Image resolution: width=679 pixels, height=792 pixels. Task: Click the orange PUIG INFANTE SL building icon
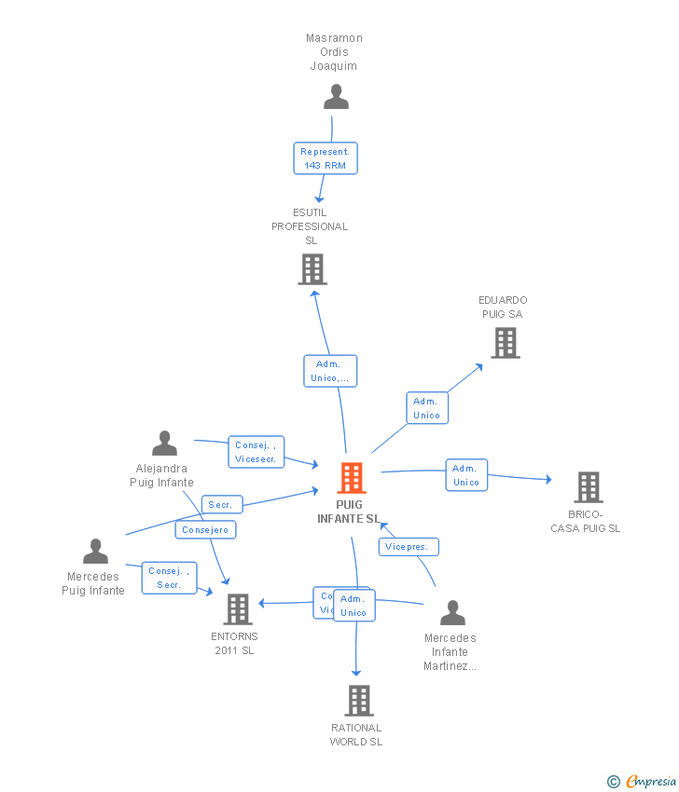pyautogui.click(x=352, y=478)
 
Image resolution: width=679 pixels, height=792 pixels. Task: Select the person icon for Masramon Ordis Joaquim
pyautogui.click(x=336, y=97)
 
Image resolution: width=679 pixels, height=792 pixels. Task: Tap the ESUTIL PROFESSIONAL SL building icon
pyautogui.click(x=312, y=269)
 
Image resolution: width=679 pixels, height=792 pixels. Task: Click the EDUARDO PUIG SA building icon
pyautogui.click(x=506, y=343)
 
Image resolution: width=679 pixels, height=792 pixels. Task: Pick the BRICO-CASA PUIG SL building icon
pyautogui.click(x=588, y=486)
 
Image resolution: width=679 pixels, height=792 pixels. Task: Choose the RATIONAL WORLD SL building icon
pyautogui.click(x=359, y=700)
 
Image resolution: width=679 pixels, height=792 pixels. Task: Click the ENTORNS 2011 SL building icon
pyautogui.click(x=238, y=609)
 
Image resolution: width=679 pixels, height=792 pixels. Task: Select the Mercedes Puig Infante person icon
pyautogui.click(x=95, y=552)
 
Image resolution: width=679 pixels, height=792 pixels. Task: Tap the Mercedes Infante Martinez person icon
pyautogui.click(x=452, y=613)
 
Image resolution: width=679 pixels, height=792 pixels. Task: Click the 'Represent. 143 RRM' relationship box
pyautogui.click(x=325, y=158)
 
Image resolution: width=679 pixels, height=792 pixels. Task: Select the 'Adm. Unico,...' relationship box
pyautogui.click(x=330, y=371)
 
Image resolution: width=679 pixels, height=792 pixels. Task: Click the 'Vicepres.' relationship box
pyautogui.click(x=409, y=547)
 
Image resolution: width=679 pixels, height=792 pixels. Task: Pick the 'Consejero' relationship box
pyautogui.click(x=205, y=529)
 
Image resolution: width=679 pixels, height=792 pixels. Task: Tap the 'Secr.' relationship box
pyautogui.click(x=221, y=505)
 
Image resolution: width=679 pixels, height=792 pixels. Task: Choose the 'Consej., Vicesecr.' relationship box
pyautogui.click(x=256, y=452)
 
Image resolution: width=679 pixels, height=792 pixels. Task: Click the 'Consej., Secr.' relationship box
pyautogui.click(x=169, y=578)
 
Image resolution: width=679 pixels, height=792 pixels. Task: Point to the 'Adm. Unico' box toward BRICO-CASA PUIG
pyautogui.click(x=465, y=475)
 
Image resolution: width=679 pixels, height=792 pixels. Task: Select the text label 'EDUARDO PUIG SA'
pyautogui.click(x=503, y=307)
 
